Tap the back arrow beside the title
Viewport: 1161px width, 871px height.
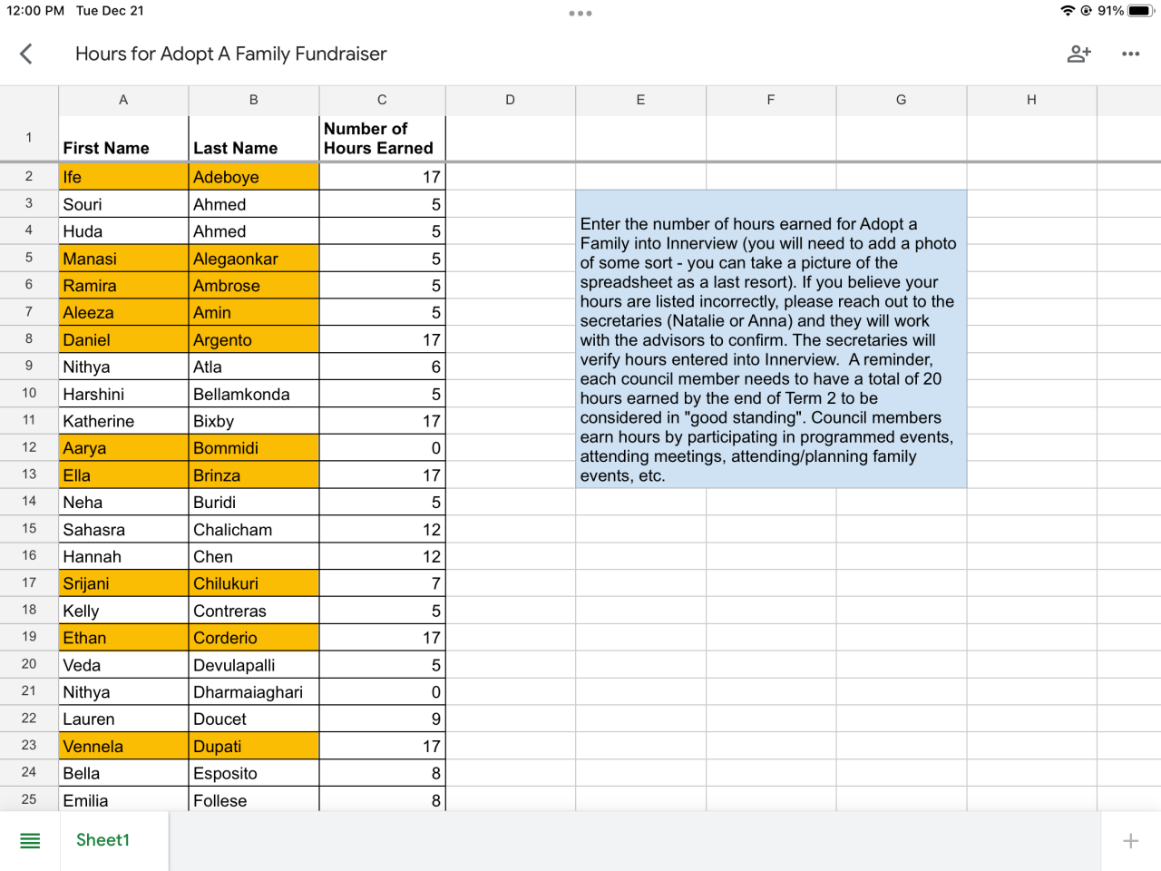(26, 54)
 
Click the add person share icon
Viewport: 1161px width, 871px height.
(1078, 54)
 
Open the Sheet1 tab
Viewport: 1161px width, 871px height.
(102, 840)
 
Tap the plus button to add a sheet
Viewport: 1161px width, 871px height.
(1130, 841)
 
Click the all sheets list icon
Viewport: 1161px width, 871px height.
(30, 841)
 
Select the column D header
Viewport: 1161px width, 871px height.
(510, 100)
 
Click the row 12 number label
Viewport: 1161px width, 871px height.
(29, 447)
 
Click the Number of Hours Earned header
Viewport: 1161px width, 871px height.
(381, 138)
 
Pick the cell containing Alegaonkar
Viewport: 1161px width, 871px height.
(253, 259)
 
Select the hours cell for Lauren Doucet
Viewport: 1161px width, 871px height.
(382, 719)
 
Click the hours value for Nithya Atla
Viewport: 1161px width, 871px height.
(382, 367)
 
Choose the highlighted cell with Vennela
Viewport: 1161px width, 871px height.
(123, 747)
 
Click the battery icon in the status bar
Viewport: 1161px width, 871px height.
(1139, 11)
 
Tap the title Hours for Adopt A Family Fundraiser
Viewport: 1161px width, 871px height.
(230, 54)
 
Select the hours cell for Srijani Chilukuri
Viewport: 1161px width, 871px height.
(382, 583)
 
